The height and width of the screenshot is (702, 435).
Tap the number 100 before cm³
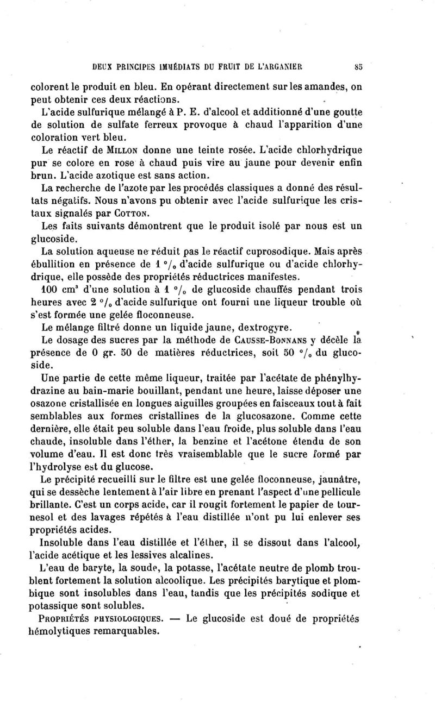51,289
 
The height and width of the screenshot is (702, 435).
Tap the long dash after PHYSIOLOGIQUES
175,618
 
